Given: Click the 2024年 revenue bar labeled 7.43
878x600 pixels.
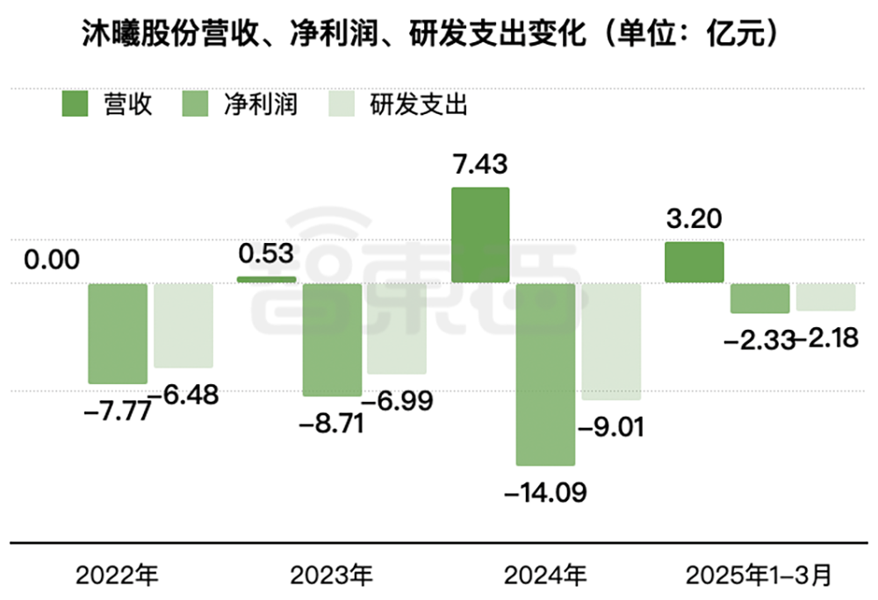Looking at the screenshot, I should pos(480,234).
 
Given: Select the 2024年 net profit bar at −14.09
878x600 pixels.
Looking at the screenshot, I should pos(545,374).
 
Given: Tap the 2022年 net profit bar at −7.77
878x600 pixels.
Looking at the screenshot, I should pos(118,333).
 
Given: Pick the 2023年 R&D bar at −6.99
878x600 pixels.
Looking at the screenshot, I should pos(397,328).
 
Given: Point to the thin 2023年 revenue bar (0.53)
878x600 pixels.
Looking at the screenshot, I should pos(267,279).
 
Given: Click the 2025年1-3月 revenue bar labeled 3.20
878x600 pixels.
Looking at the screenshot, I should pos(694,262).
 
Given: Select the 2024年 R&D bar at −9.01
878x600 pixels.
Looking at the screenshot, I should pos(610,341).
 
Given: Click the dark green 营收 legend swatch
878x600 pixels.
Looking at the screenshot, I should pos(76,105).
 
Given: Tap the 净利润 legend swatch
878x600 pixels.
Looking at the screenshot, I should pos(196,105).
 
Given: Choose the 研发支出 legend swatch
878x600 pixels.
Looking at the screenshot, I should pos(342,105).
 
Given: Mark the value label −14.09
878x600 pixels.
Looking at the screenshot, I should pos(545,491).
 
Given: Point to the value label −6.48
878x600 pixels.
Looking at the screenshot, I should pos(183,395).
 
